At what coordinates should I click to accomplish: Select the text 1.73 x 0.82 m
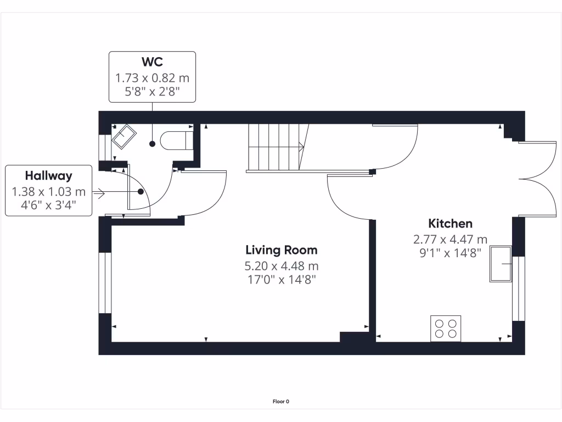point(152,78)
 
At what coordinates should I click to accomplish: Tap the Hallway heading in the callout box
point(48,176)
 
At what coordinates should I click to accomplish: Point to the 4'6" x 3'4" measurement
point(48,206)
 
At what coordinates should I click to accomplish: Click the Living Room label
point(281,251)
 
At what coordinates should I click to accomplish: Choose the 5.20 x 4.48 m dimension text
point(281,266)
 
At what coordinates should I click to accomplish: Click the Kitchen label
point(450,224)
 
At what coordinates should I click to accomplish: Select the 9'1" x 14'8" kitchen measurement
point(450,253)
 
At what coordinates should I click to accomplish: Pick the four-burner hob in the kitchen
point(446,328)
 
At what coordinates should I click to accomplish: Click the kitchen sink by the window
point(501,264)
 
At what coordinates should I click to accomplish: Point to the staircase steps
point(274,146)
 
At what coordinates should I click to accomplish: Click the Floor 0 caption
point(280,402)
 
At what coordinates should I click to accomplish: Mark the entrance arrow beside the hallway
point(99,193)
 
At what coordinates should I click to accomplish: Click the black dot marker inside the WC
point(152,144)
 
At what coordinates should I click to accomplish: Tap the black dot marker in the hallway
point(141,192)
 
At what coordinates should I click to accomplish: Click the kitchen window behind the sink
point(518,288)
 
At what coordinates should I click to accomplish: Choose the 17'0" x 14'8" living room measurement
point(281,280)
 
